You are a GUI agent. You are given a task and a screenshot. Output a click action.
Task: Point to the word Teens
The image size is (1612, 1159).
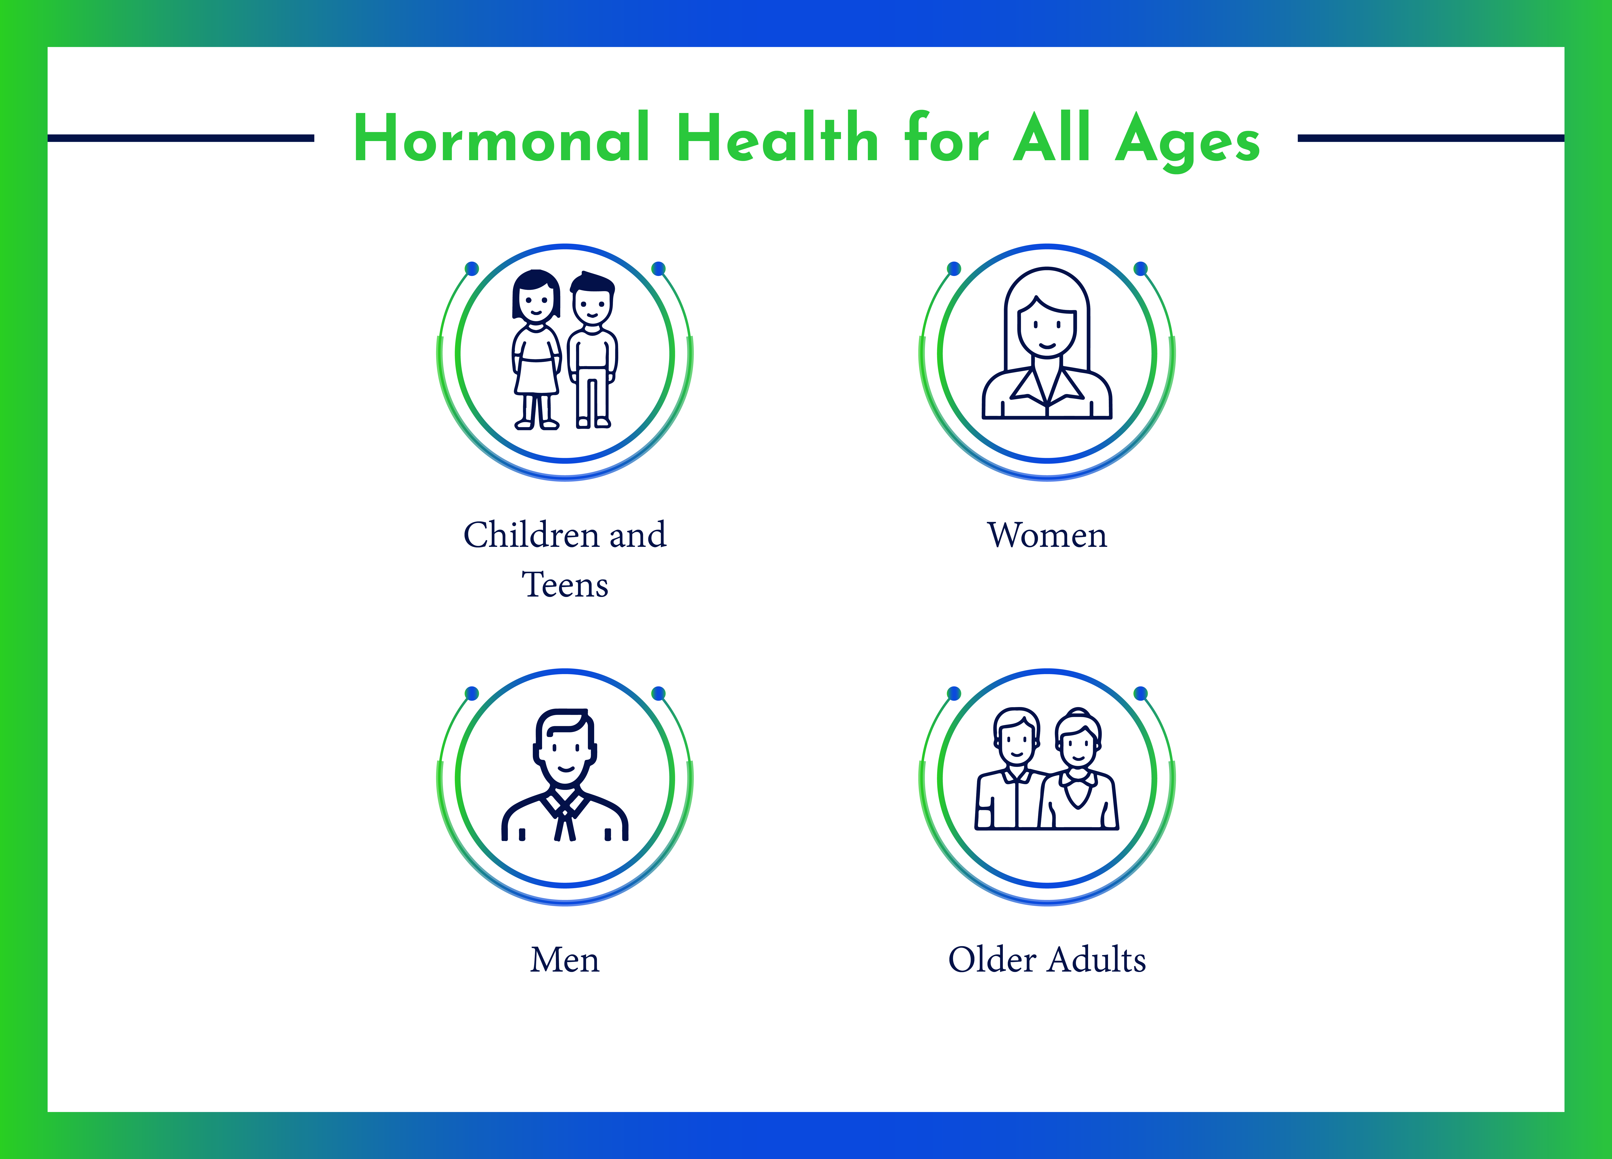point(565,585)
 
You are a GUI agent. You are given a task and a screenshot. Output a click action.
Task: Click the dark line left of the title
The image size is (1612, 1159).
point(181,138)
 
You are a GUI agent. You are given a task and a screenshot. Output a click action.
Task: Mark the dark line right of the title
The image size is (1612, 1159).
point(1431,138)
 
